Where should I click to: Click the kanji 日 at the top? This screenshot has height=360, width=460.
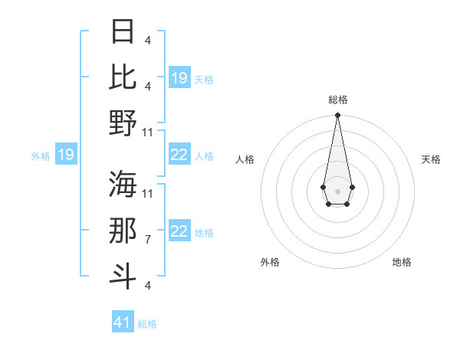point(123,31)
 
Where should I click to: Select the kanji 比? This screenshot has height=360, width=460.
point(123,77)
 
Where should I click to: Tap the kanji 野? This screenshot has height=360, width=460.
point(123,122)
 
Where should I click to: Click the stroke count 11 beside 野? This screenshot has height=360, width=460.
point(149,132)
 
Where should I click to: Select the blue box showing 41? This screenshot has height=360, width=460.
point(123,322)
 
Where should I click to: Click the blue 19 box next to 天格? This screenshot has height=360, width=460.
point(179,77)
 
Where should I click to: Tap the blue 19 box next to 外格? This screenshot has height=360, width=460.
point(65,155)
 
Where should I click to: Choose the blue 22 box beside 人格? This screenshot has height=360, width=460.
point(179,155)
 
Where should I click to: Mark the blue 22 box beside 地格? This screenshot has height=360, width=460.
point(179,232)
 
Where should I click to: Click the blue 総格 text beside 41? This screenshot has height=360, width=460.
point(147,324)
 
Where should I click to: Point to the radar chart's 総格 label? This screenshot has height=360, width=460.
point(337,100)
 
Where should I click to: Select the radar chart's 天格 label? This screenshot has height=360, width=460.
point(431,159)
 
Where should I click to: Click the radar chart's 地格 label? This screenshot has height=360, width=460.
point(402,263)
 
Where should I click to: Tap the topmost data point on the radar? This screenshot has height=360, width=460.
point(337,116)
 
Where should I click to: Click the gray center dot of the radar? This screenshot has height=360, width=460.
point(337,190)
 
